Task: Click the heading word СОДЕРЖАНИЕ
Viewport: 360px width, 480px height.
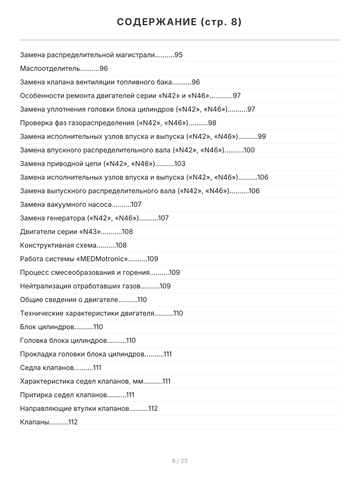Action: click(157, 22)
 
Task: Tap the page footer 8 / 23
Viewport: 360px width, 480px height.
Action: click(180, 461)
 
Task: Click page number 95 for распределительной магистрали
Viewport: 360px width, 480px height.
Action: click(178, 55)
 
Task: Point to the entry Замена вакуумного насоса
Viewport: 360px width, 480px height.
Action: click(66, 204)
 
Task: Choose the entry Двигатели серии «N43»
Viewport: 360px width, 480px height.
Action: click(60, 232)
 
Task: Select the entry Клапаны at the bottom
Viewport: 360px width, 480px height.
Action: click(34, 422)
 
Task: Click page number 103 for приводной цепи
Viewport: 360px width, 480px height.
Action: click(180, 164)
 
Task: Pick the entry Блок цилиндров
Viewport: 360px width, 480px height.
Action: click(47, 327)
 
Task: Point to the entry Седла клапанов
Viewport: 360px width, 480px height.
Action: click(47, 368)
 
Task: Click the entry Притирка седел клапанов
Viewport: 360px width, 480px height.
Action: click(63, 395)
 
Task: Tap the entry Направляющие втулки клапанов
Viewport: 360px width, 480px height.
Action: click(74, 408)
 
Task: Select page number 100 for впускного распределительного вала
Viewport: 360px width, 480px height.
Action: click(249, 150)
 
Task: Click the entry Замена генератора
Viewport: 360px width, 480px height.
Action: click(79, 218)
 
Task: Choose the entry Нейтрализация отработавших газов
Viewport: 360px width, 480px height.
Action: click(80, 286)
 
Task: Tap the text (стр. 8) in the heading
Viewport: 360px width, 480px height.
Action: click(221, 22)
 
